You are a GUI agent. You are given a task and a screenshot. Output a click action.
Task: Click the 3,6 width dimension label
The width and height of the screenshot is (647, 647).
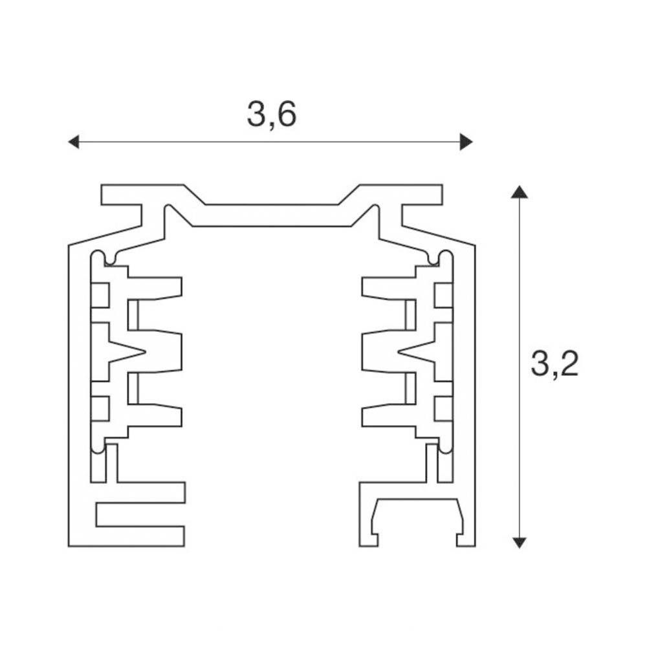tap(272, 115)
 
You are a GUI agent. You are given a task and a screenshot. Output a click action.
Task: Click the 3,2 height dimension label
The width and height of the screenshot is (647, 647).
tap(554, 364)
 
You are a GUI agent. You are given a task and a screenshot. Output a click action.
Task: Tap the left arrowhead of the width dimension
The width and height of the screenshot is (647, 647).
tap(74, 142)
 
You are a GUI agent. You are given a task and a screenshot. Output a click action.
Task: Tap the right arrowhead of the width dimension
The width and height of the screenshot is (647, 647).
tap(466, 142)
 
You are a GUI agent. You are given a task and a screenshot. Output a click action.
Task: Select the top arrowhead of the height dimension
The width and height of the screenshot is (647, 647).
tap(519, 192)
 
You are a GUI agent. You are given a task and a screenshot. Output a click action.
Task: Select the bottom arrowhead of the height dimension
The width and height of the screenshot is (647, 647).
tap(519, 543)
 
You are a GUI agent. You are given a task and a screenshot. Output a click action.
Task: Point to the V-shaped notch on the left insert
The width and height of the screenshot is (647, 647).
tap(127, 352)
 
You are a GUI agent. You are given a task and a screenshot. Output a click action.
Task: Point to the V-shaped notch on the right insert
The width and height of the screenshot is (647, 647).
tap(416, 352)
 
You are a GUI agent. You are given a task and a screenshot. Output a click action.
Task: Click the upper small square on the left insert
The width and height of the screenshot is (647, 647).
tap(100, 296)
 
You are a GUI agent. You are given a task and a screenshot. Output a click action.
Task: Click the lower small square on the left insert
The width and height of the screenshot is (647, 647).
tap(100, 408)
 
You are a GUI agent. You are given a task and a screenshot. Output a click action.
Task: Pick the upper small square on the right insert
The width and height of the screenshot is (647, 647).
tap(443, 296)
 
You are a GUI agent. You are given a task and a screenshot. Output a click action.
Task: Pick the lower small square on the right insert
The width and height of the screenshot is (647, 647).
tap(443, 408)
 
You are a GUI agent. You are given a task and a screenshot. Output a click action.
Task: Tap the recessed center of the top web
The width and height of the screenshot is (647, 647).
tap(272, 215)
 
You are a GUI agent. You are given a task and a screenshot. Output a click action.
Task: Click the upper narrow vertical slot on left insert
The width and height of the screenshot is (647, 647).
tap(133, 315)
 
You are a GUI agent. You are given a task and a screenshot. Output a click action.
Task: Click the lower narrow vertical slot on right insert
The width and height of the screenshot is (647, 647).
tap(411, 388)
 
